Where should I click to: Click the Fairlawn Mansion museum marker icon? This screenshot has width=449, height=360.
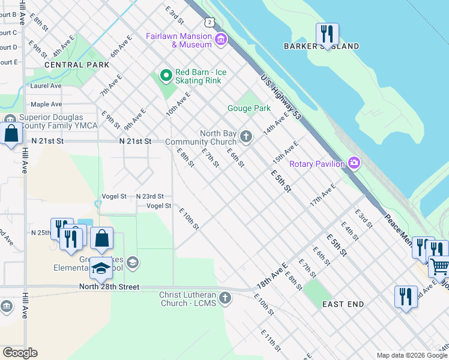[x=221, y=40]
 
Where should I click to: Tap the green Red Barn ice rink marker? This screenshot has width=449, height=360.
[x=166, y=76]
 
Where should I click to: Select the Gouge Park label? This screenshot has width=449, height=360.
[x=249, y=109]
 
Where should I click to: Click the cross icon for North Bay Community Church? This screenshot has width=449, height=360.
[x=245, y=137]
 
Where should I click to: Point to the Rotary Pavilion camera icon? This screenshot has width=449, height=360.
[x=354, y=163]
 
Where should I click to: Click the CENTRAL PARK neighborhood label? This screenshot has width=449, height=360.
[x=76, y=65]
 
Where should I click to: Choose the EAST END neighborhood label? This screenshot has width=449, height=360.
[x=343, y=304]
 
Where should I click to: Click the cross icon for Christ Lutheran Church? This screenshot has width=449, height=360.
[x=224, y=298]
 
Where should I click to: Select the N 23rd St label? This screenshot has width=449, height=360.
[x=149, y=196]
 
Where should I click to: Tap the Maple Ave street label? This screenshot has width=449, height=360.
[x=46, y=104]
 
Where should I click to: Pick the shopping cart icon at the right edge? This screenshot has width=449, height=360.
[x=440, y=266]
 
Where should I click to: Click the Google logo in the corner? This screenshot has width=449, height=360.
[x=20, y=353]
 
